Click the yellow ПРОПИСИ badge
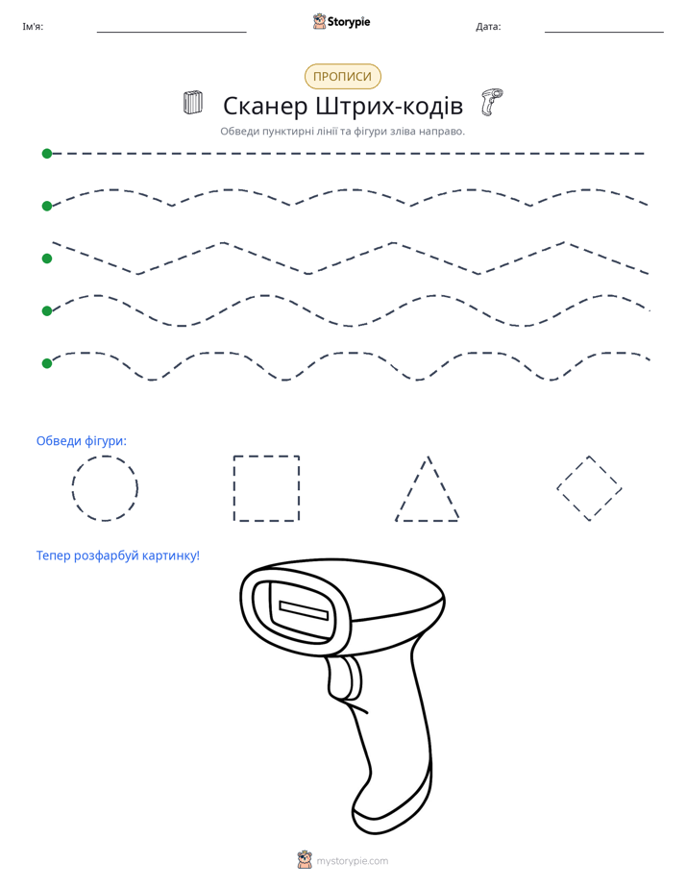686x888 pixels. (342, 77)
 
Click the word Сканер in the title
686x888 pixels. (265, 106)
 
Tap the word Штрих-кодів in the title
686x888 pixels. (389, 106)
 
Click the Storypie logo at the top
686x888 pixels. (341, 21)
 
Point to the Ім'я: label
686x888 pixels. (33, 27)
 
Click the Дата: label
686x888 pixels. (488, 27)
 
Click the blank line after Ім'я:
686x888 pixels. (171, 32)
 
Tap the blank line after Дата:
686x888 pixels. (604, 32)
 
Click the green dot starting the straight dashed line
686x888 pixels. (47, 154)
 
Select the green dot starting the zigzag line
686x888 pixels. (47, 259)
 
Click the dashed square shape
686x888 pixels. (233, 488)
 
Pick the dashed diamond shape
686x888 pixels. (573, 472)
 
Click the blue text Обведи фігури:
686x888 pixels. (82, 440)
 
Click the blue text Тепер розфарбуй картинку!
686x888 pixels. (118, 555)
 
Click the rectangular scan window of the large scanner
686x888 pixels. (304, 611)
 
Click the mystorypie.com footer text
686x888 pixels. (352, 861)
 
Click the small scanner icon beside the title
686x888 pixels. (492, 102)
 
